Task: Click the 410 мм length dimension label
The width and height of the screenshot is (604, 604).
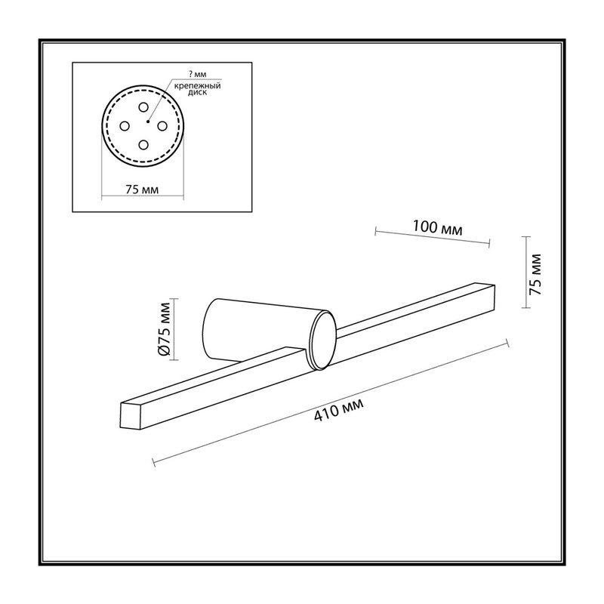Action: pyautogui.click(x=338, y=410)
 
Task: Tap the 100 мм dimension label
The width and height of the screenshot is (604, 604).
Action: pyautogui.click(x=437, y=227)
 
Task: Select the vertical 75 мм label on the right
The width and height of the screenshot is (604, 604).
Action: pyautogui.click(x=535, y=274)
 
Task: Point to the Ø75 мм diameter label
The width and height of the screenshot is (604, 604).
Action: pyautogui.click(x=164, y=329)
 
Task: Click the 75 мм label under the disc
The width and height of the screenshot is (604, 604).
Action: pyautogui.click(x=142, y=190)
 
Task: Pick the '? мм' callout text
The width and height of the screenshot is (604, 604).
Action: pyautogui.click(x=198, y=74)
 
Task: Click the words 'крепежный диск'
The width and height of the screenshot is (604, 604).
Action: pyautogui.click(x=197, y=89)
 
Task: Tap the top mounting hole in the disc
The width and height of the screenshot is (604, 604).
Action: pyautogui.click(x=143, y=107)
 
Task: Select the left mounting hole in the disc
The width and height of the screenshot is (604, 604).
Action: pyautogui.click(x=125, y=126)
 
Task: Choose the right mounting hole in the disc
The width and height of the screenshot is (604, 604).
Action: pyautogui.click(x=162, y=126)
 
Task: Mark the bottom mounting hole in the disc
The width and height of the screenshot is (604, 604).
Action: pyautogui.click(x=143, y=145)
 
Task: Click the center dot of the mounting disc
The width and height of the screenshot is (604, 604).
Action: pyautogui.click(x=148, y=122)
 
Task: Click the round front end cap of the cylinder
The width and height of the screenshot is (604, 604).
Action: pyautogui.click(x=323, y=341)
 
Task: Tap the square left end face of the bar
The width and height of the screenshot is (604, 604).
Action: pyautogui.click(x=131, y=417)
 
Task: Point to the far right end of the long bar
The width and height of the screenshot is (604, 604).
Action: pyautogui.click(x=495, y=297)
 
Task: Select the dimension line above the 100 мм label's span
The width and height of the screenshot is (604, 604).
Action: pyautogui.click(x=432, y=237)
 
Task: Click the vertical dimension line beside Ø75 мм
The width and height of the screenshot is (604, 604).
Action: pyautogui.click(x=174, y=329)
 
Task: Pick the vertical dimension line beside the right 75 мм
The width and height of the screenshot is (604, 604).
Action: pyautogui.click(x=525, y=273)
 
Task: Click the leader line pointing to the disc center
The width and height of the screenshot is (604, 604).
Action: pyautogui.click(x=159, y=100)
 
